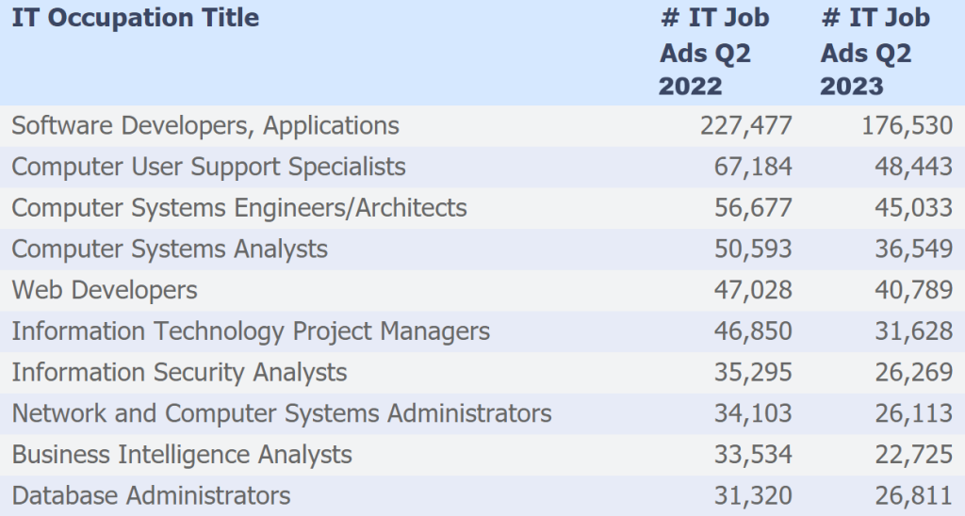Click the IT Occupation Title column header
tap(135, 18)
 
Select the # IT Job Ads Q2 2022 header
tap(713, 52)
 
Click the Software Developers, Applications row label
tap(205, 125)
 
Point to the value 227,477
tap(745, 125)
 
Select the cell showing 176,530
tap(907, 125)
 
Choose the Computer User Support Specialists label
tap(208, 167)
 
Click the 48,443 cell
tap(914, 167)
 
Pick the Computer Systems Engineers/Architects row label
tap(239, 207)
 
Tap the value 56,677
tap(753, 207)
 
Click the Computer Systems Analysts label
tap(170, 249)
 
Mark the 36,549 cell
tap(914, 249)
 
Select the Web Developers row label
tap(105, 290)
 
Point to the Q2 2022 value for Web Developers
tap(753, 290)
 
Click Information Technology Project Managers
tap(251, 331)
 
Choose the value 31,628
tap(914, 331)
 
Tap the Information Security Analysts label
tap(179, 372)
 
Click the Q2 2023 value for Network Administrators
tap(914, 413)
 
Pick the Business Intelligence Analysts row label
tap(182, 455)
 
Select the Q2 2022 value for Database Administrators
tap(753, 495)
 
